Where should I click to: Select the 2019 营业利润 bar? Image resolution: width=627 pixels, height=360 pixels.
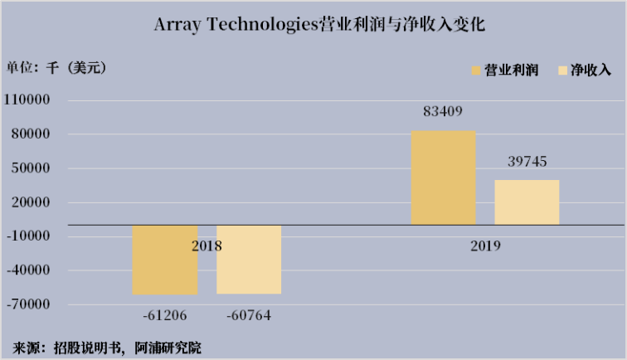(443, 178)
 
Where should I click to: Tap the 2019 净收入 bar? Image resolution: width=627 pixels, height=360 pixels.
(527, 202)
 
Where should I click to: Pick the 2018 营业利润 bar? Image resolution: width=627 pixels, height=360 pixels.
(165, 260)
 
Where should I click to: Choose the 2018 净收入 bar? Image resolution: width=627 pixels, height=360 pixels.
(249, 259)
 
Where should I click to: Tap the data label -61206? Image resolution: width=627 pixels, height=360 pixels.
(165, 315)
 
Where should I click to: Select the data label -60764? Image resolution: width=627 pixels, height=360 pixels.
(248, 315)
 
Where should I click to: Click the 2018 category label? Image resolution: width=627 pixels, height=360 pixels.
(207, 246)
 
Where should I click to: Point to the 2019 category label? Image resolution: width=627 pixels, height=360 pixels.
(485, 246)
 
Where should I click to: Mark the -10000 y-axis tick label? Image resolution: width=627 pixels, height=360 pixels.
(30, 236)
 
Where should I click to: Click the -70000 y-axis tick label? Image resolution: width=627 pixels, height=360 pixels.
(30, 304)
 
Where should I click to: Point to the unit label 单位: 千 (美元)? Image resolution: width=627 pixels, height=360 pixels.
(56, 68)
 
